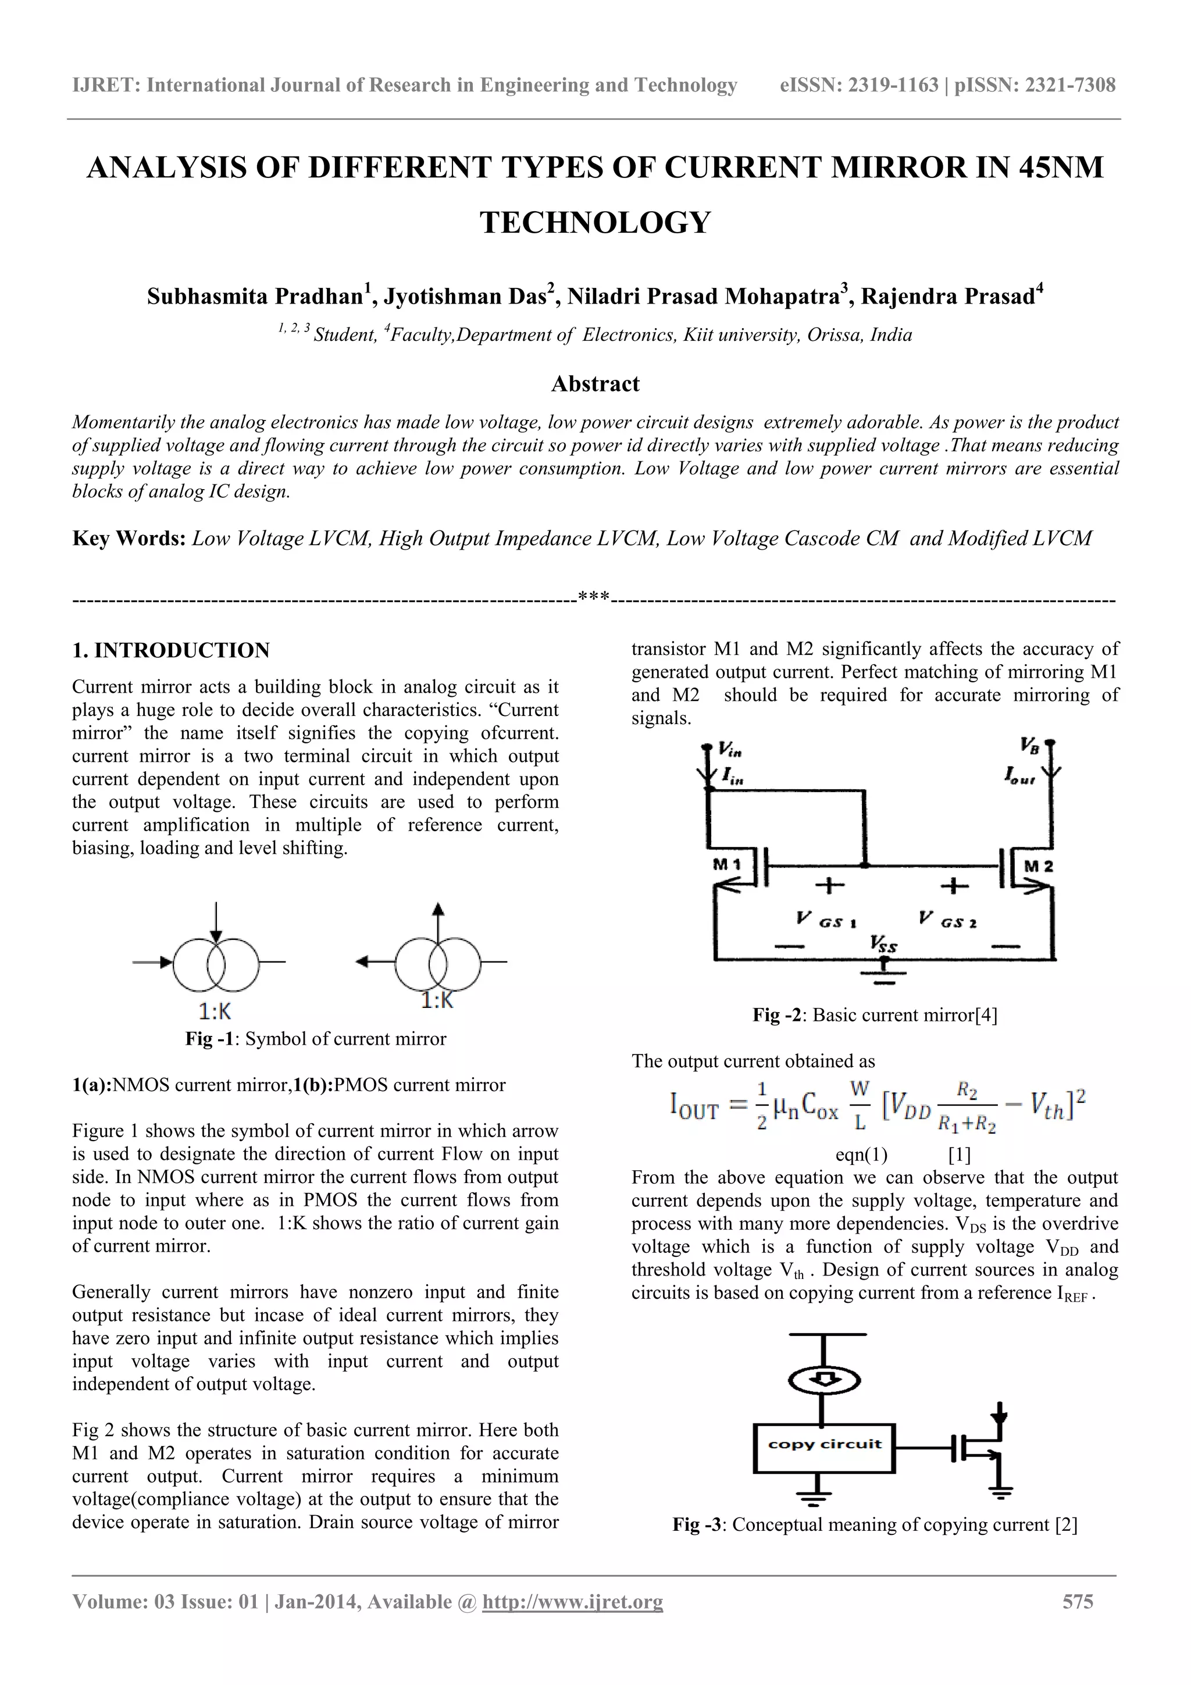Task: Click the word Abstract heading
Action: click(595, 384)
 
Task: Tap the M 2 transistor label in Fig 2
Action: click(1037, 866)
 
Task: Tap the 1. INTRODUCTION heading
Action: click(171, 650)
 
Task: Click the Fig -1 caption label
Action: click(212, 1039)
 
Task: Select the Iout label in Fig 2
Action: click(1020, 776)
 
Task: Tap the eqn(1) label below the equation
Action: click(861, 1156)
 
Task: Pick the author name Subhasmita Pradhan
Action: click(255, 297)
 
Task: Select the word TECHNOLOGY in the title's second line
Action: click(595, 222)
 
